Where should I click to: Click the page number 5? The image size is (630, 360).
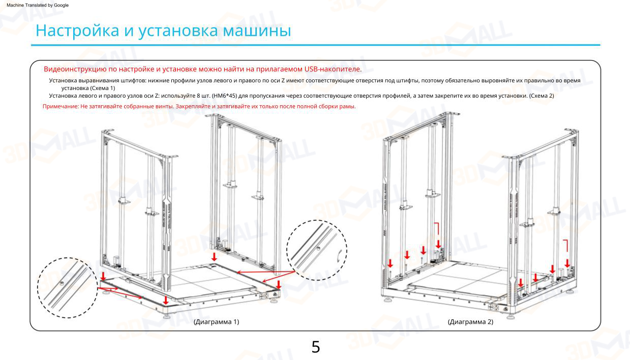(315, 347)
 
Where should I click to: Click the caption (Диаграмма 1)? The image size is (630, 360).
(216, 322)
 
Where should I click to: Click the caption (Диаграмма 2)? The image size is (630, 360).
(470, 322)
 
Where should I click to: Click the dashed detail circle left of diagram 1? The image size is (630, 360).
(67, 288)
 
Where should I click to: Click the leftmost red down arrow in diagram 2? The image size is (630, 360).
(390, 263)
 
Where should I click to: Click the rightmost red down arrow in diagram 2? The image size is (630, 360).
(567, 263)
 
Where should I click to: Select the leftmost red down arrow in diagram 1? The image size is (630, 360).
(104, 276)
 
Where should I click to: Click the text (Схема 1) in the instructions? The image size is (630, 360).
(103, 88)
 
